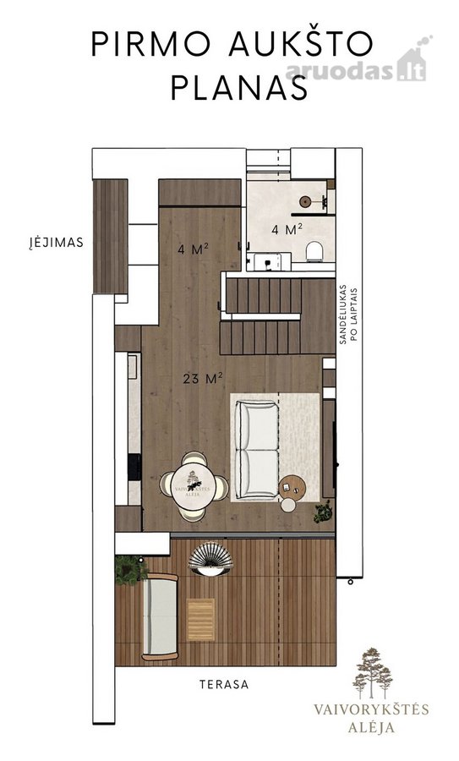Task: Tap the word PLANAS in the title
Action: click(x=239, y=88)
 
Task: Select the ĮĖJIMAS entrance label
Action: click(x=56, y=242)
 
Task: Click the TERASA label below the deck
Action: click(x=224, y=684)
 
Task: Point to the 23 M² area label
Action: click(x=203, y=378)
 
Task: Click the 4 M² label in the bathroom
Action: click(x=287, y=229)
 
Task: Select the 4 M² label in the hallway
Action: click(x=193, y=249)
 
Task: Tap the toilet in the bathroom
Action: click(x=314, y=251)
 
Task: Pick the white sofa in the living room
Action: click(x=257, y=450)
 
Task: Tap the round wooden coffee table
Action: click(x=292, y=487)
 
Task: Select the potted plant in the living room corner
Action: click(x=323, y=512)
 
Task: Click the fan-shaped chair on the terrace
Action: click(x=210, y=559)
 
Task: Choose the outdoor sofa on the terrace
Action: click(x=160, y=617)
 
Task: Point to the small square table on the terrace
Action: click(x=200, y=620)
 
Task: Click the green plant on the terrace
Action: click(x=130, y=570)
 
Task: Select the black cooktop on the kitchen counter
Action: click(x=134, y=467)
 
